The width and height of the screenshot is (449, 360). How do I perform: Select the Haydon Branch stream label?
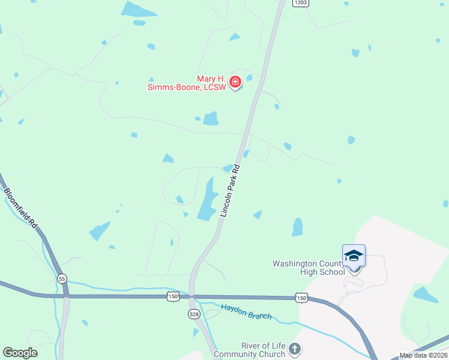coord(246,312)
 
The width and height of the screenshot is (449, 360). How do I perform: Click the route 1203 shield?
coord(301,3)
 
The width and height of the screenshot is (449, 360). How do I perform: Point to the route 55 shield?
coord(62,279)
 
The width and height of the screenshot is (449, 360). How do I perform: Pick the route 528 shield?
coord(193,314)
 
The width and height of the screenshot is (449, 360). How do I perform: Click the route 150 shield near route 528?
coord(173,296)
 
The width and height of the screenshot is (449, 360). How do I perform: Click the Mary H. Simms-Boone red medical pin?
coord(236,82)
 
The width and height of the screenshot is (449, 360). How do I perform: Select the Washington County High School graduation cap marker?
coord(354,256)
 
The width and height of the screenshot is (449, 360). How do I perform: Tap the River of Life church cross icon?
coord(294,349)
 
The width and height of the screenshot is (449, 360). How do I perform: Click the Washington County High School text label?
coord(308,268)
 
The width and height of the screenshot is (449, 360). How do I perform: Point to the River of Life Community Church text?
coord(262,350)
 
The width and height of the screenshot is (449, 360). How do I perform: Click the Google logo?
coord(20,353)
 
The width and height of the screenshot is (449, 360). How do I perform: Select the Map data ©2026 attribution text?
coord(423,355)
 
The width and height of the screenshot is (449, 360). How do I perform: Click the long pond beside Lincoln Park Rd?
coord(208,200)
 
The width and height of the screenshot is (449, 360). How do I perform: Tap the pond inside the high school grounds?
coord(426,295)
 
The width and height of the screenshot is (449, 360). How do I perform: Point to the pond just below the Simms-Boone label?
coord(211,119)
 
